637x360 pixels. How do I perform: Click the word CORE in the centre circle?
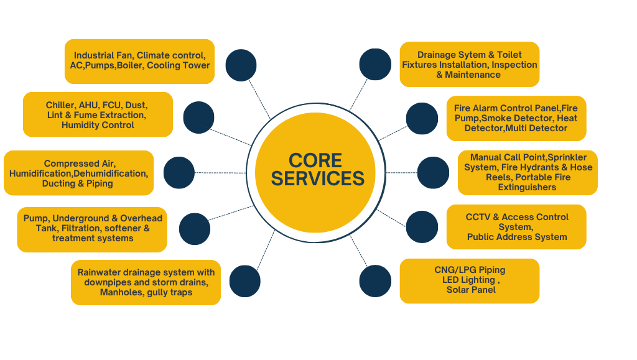click(x=315, y=160)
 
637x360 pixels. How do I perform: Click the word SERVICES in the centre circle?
click(x=318, y=178)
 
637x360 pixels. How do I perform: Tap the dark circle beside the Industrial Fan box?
click(x=241, y=65)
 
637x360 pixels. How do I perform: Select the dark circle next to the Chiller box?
click(x=199, y=116)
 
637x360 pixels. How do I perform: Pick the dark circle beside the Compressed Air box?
click(x=179, y=173)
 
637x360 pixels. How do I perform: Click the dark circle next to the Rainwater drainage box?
click(x=245, y=281)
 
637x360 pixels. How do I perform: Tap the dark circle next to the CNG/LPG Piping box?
click(x=375, y=281)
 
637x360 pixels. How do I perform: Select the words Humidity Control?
click(x=98, y=125)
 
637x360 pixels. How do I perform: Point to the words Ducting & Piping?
click(x=78, y=183)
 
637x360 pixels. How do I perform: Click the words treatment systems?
click(x=93, y=238)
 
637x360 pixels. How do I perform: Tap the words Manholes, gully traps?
click(x=146, y=292)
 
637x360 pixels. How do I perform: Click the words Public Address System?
click(x=517, y=237)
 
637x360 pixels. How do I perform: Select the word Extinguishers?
click(x=528, y=187)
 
